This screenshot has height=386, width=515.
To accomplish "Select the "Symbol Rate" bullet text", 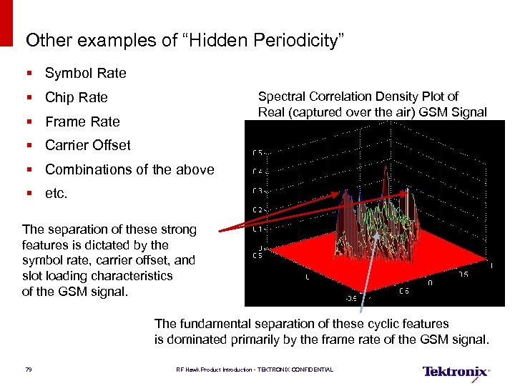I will pos(85,73).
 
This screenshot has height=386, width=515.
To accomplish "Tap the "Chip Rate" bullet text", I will pos(76,97).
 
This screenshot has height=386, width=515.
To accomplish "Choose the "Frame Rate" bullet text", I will pos(82,122).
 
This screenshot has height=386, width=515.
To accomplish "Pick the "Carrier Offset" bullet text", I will pos(87,145).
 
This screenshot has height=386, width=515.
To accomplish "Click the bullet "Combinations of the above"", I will pos(129,169).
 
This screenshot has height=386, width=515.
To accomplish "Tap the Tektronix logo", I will pos(456,372).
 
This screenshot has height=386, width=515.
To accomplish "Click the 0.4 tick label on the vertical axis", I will pos(258,172).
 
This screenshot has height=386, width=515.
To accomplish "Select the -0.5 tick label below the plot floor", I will pos(352,299).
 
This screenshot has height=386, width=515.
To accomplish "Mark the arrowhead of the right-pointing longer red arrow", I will pos(413,191).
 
